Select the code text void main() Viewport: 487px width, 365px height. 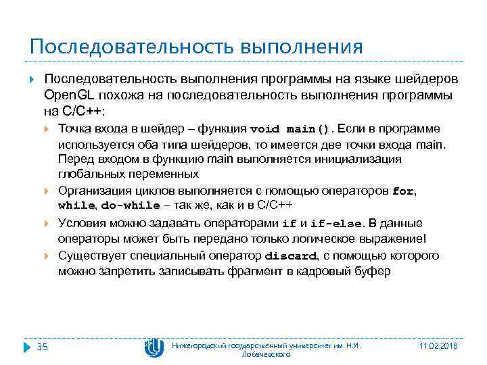pos(292,129)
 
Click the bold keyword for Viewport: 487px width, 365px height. pos(403,191)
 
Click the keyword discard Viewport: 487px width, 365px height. pos(289,256)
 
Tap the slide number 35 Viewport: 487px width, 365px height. pos(42,347)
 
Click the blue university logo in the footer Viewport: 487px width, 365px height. pos(154,347)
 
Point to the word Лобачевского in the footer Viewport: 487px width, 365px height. pos(266,354)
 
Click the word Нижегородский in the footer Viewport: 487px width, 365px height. pos(200,346)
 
